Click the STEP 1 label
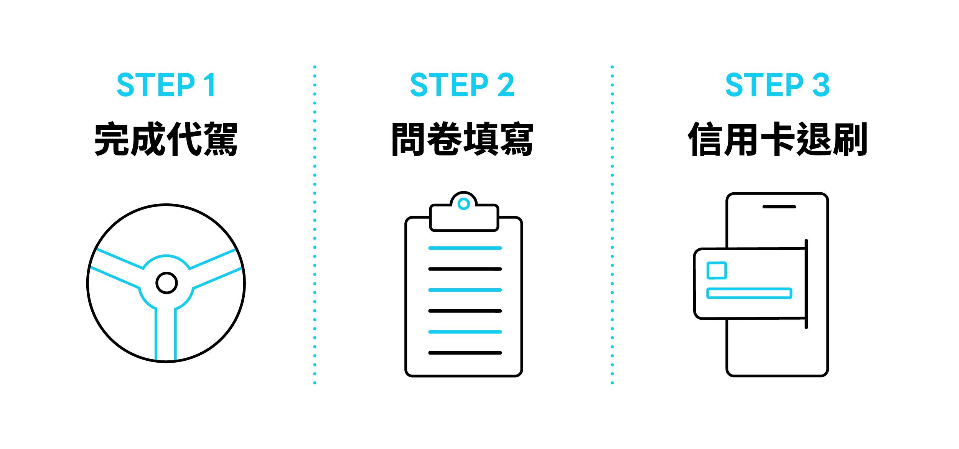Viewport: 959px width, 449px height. coord(166,85)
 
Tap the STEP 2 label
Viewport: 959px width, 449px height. coord(462,85)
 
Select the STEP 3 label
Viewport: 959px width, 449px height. coord(777,85)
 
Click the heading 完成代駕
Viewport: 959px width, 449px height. coord(166,139)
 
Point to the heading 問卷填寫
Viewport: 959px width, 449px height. coord(462,139)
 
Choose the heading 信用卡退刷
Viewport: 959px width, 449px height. coord(777,139)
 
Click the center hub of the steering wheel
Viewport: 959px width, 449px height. coord(166,283)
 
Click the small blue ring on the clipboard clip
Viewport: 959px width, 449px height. coord(464,204)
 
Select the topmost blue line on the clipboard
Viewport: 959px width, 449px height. coord(465,248)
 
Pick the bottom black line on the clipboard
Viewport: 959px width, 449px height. coord(465,353)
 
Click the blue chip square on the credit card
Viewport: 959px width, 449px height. coord(716,270)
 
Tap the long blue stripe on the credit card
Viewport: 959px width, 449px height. coord(749,293)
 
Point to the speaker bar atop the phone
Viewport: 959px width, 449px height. coord(779,207)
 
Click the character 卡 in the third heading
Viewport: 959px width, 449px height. coord(777,139)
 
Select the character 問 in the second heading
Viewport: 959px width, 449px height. coord(409,139)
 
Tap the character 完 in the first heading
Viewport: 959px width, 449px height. coord(112,139)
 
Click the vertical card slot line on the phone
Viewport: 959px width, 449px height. coord(806,284)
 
